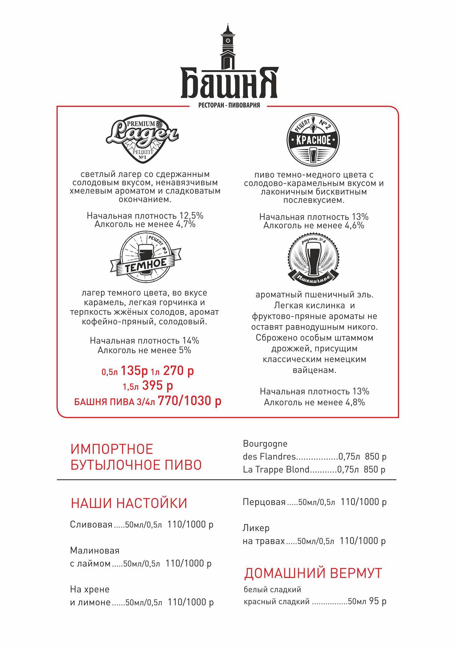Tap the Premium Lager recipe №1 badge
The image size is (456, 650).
pyautogui.click(x=142, y=139)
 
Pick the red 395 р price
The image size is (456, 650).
pyautogui.click(x=158, y=386)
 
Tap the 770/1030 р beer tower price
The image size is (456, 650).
pyautogui.click(x=190, y=401)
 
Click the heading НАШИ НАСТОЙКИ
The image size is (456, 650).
pyautogui.click(x=129, y=503)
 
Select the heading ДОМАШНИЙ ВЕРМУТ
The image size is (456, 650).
pyautogui.click(x=313, y=573)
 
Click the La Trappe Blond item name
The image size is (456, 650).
pyautogui.click(x=276, y=469)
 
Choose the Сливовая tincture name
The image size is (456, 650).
pyautogui.click(x=91, y=525)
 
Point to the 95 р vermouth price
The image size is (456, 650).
pyautogui.click(x=378, y=601)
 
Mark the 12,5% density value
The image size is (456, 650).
pyautogui.click(x=191, y=216)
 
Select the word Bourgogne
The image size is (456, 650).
pyautogui.click(x=265, y=444)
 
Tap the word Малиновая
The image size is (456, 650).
pyautogui.click(x=95, y=550)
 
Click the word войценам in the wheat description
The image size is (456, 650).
pyautogui.click(x=314, y=370)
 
